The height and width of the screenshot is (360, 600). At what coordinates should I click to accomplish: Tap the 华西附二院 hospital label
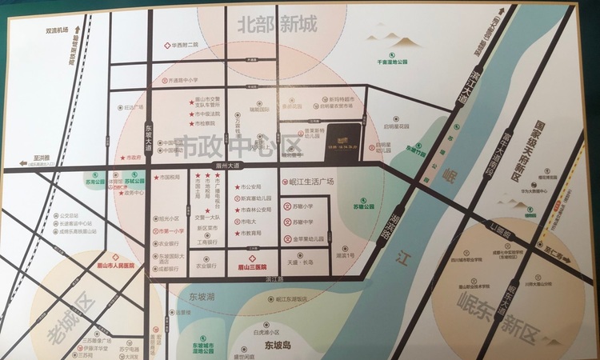pos(183,46)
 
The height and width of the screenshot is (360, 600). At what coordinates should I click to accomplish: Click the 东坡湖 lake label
pos(204,294)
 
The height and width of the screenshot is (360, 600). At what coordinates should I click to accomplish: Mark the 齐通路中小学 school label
pos(185,81)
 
